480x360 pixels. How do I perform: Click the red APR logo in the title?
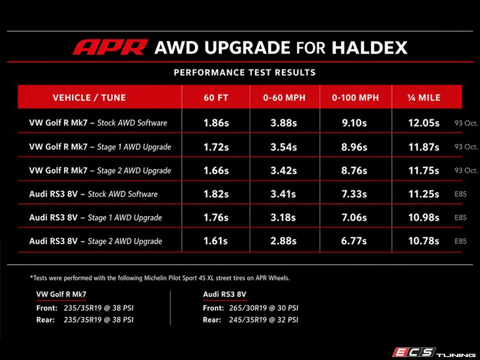[x=110, y=47]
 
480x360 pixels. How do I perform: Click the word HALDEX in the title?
[x=370, y=48]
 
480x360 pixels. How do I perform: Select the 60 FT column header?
[x=216, y=98]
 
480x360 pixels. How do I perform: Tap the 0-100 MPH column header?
[x=355, y=98]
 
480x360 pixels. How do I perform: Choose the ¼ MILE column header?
[x=424, y=98]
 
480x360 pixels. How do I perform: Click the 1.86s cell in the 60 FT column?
[x=216, y=123]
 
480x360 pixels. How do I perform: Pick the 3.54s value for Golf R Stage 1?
[x=283, y=147]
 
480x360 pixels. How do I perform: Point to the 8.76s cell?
[x=354, y=170]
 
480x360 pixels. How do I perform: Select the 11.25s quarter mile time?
[x=424, y=194]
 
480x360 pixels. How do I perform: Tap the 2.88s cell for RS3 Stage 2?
[x=283, y=241]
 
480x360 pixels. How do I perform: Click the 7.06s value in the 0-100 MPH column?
[x=354, y=217]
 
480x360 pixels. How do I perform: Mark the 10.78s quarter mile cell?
[x=424, y=241]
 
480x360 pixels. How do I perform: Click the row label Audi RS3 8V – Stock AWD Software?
[x=94, y=194]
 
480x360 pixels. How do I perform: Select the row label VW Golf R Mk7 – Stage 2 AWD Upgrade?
[x=100, y=171]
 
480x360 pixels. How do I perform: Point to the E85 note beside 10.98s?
[x=460, y=218]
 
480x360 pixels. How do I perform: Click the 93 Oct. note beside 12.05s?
[x=466, y=123]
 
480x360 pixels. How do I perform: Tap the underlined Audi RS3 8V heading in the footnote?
[x=224, y=295]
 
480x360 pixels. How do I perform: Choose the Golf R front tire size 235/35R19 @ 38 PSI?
[x=98, y=308]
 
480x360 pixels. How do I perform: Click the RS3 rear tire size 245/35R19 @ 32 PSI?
[x=263, y=320]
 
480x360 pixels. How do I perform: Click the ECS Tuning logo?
[x=434, y=353]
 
